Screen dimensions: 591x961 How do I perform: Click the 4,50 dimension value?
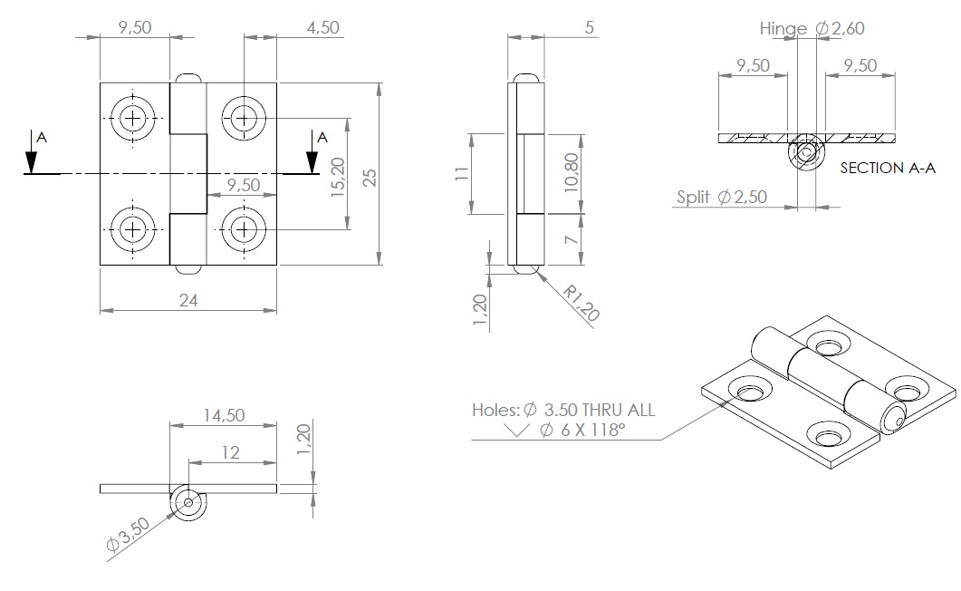(x=322, y=27)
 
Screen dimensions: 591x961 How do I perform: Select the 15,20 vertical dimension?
(x=338, y=179)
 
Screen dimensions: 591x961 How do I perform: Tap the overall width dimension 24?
(x=187, y=301)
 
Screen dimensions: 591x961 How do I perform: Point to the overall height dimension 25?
(x=370, y=177)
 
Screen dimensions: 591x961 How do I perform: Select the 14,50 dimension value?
(x=224, y=415)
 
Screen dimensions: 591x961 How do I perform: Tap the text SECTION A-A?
(x=887, y=168)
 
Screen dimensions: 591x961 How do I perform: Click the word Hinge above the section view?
(x=783, y=29)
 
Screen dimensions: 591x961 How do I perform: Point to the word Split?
(x=693, y=197)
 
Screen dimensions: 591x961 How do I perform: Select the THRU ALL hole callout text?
(x=616, y=410)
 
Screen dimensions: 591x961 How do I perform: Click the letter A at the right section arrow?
(x=321, y=138)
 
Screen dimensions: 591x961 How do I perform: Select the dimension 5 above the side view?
(x=590, y=28)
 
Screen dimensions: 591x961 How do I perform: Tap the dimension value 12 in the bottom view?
(x=231, y=451)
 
